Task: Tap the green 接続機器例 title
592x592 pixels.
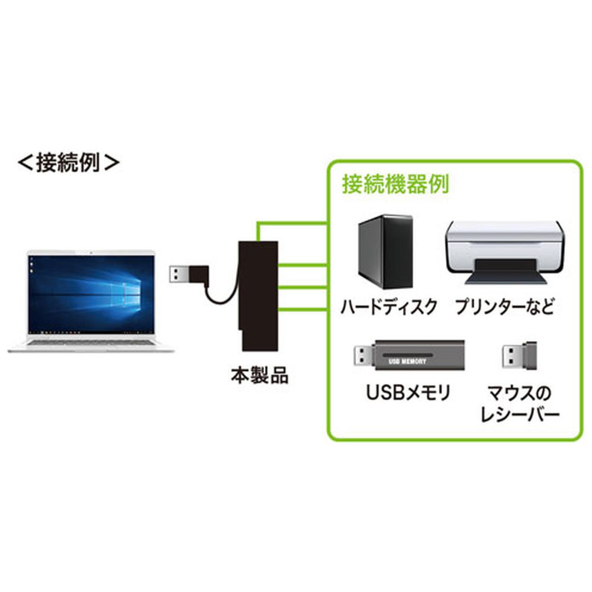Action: [395, 184]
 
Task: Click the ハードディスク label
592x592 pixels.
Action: [389, 307]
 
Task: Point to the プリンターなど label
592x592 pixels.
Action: [504, 307]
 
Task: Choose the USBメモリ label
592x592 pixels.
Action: [408, 392]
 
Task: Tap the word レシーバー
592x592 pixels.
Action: [520, 415]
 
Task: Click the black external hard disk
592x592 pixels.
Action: [385, 252]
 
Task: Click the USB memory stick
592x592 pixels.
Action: [409, 355]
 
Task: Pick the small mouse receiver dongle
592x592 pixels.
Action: [519, 356]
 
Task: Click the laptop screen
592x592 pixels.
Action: [91, 294]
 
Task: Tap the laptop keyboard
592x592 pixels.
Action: [91, 343]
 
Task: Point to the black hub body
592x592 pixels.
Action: [258, 295]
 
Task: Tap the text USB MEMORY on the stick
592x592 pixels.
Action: [407, 361]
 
